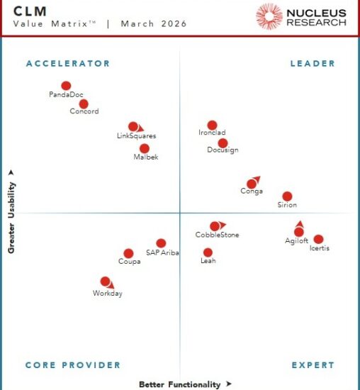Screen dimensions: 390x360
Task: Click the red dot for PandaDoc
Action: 66,86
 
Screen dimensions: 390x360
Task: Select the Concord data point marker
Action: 84,104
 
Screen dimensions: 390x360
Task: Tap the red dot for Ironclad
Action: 212,126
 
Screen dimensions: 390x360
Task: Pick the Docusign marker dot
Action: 223,143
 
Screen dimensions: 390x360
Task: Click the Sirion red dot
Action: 287,196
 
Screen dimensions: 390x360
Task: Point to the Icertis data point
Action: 318,240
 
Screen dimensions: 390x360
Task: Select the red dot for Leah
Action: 208,252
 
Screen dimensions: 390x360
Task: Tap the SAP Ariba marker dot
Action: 161,243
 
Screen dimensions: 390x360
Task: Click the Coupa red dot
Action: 128,253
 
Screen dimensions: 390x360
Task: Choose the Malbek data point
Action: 145,149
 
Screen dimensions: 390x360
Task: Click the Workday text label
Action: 108,294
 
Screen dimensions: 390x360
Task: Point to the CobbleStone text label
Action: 217,235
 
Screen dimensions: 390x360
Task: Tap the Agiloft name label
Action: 296,241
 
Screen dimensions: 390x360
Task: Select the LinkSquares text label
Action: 136,135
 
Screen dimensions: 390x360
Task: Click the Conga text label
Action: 252,191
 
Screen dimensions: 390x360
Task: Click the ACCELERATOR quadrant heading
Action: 68,64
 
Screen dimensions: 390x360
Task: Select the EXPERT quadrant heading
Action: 313,365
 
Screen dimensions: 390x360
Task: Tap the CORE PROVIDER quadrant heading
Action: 73,365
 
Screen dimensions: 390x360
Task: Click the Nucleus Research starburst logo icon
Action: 269,16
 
